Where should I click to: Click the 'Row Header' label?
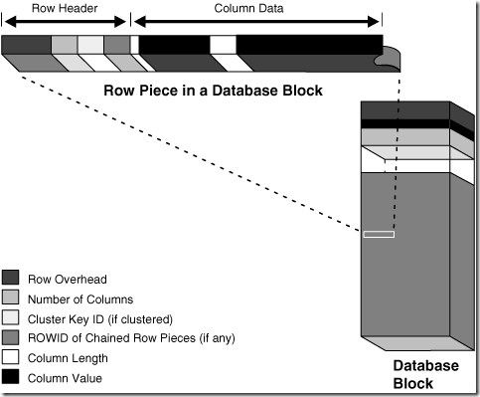[66, 7]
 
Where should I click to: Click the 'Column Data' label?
[256, 7]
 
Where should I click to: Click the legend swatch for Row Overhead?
[11, 277]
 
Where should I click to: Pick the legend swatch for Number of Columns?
[11, 298]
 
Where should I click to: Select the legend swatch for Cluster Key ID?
[11, 317]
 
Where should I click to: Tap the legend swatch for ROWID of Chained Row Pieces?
[11, 337]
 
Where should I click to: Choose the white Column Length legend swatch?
[11, 357]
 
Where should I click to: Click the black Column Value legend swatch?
[11, 377]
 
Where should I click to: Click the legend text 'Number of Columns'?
[80, 298]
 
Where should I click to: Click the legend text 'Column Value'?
[65, 377]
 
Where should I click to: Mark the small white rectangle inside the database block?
[379, 235]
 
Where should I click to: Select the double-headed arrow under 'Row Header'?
[66, 21]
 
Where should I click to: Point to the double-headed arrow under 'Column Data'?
[256, 21]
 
